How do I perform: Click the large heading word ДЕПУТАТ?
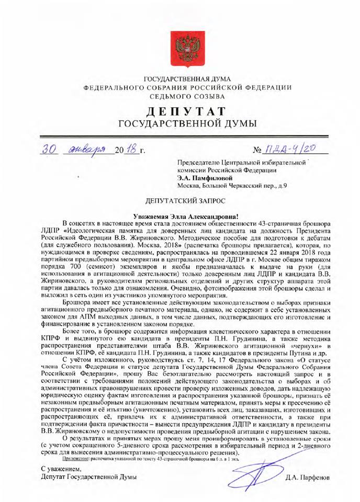[181, 111]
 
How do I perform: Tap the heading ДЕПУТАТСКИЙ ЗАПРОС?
[181, 201]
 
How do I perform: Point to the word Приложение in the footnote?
[76, 458]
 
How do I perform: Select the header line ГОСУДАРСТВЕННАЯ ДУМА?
[181, 78]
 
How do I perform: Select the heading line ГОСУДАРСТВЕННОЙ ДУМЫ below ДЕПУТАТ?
[181, 124]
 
